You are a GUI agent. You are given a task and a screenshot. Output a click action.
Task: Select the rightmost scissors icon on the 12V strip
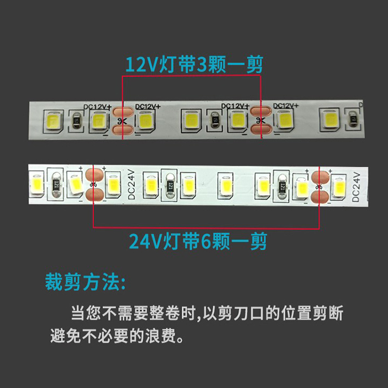coord(260,120)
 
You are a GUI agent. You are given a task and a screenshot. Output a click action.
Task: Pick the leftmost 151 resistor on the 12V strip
coord(77,120)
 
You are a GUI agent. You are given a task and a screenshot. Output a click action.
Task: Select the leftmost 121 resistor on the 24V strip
coord(56,185)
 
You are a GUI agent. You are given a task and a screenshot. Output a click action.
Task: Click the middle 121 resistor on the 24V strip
coord(170,185)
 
